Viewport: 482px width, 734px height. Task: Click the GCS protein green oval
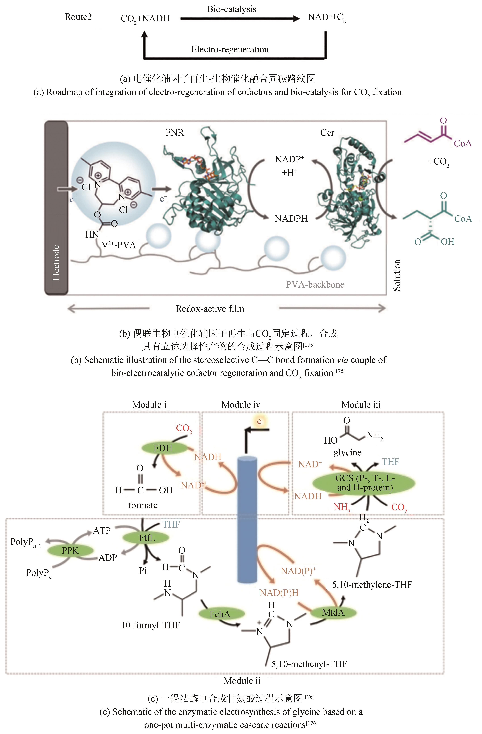click(364, 483)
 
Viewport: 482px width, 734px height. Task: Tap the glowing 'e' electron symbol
click(259, 421)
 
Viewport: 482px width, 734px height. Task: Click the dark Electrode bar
click(56, 208)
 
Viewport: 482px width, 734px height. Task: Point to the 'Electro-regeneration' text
click(230, 49)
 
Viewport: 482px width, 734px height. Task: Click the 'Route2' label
click(78, 17)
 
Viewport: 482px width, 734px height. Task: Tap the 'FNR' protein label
click(174, 133)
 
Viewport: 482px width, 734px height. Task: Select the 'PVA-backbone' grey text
click(315, 284)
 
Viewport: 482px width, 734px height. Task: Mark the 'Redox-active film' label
click(210, 309)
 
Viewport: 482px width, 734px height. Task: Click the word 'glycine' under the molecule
click(347, 452)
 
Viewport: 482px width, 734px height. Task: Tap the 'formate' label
click(143, 505)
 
